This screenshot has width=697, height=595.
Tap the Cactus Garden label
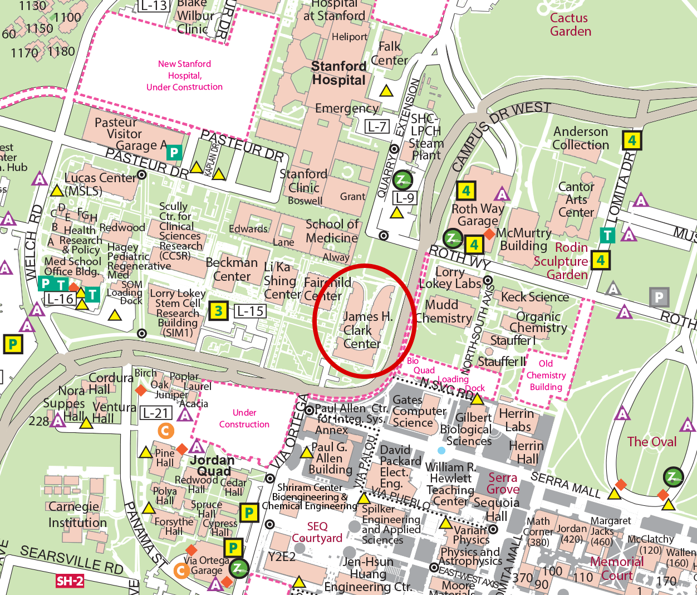[570, 25]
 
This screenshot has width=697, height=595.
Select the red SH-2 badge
[70, 581]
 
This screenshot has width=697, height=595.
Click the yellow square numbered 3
[219, 311]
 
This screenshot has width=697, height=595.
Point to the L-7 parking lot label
[377, 126]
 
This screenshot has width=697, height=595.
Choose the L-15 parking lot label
[249, 311]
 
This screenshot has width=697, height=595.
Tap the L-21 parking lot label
[155, 413]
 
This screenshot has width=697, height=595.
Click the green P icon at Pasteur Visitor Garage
[174, 152]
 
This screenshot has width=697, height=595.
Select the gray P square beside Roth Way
[659, 297]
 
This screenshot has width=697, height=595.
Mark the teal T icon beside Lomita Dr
[607, 236]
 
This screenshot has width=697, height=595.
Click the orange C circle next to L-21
[166, 430]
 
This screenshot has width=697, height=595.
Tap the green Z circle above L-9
[402, 180]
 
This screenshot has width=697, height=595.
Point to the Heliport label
[350, 37]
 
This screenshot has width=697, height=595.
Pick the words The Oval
[651, 442]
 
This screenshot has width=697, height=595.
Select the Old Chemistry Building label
[546, 375]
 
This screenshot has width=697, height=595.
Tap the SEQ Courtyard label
[317, 532]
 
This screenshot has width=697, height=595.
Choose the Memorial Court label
[616, 568]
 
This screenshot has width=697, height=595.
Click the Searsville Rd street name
[71, 560]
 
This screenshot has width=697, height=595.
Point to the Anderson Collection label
[581, 138]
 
